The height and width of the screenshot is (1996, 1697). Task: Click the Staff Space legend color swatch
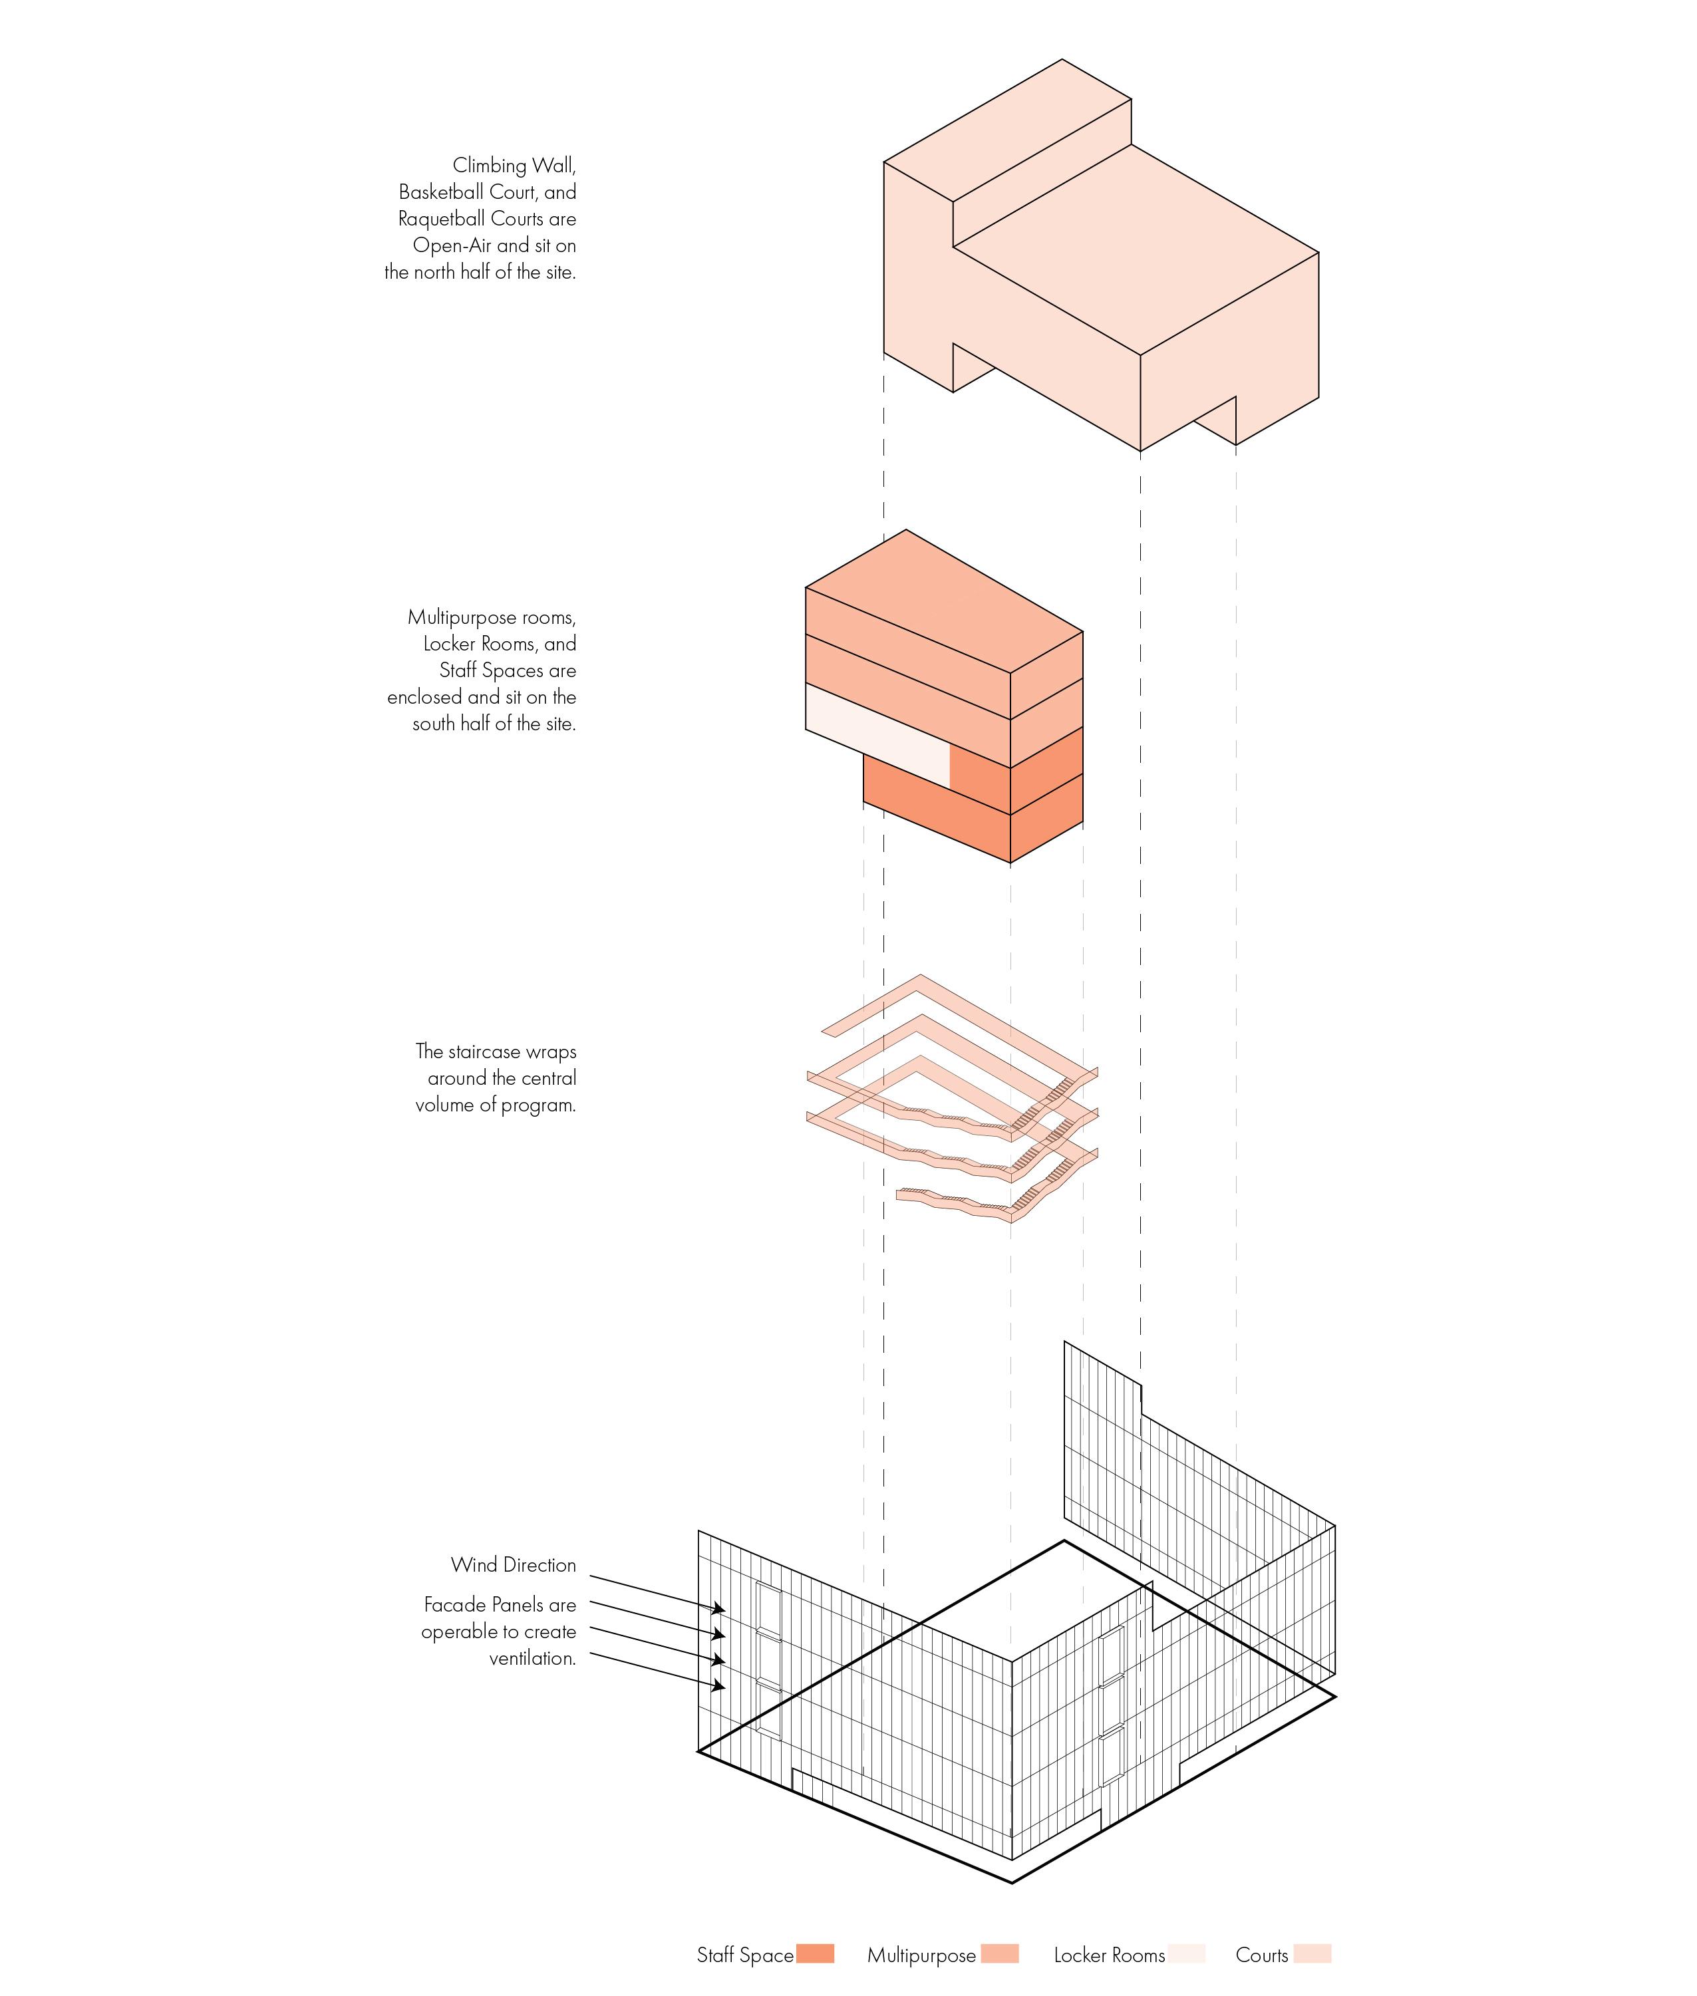point(815,1953)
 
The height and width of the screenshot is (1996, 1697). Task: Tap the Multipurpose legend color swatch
point(1000,1953)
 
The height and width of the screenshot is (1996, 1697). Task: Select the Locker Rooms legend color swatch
point(1186,1953)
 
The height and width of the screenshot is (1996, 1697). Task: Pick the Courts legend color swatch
point(1312,1953)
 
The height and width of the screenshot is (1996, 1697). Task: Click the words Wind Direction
point(513,1565)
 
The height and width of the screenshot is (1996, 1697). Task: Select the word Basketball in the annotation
point(444,192)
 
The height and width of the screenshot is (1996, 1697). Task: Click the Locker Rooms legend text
point(1108,1955)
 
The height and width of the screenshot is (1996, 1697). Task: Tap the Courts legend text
point(1261,1955)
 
